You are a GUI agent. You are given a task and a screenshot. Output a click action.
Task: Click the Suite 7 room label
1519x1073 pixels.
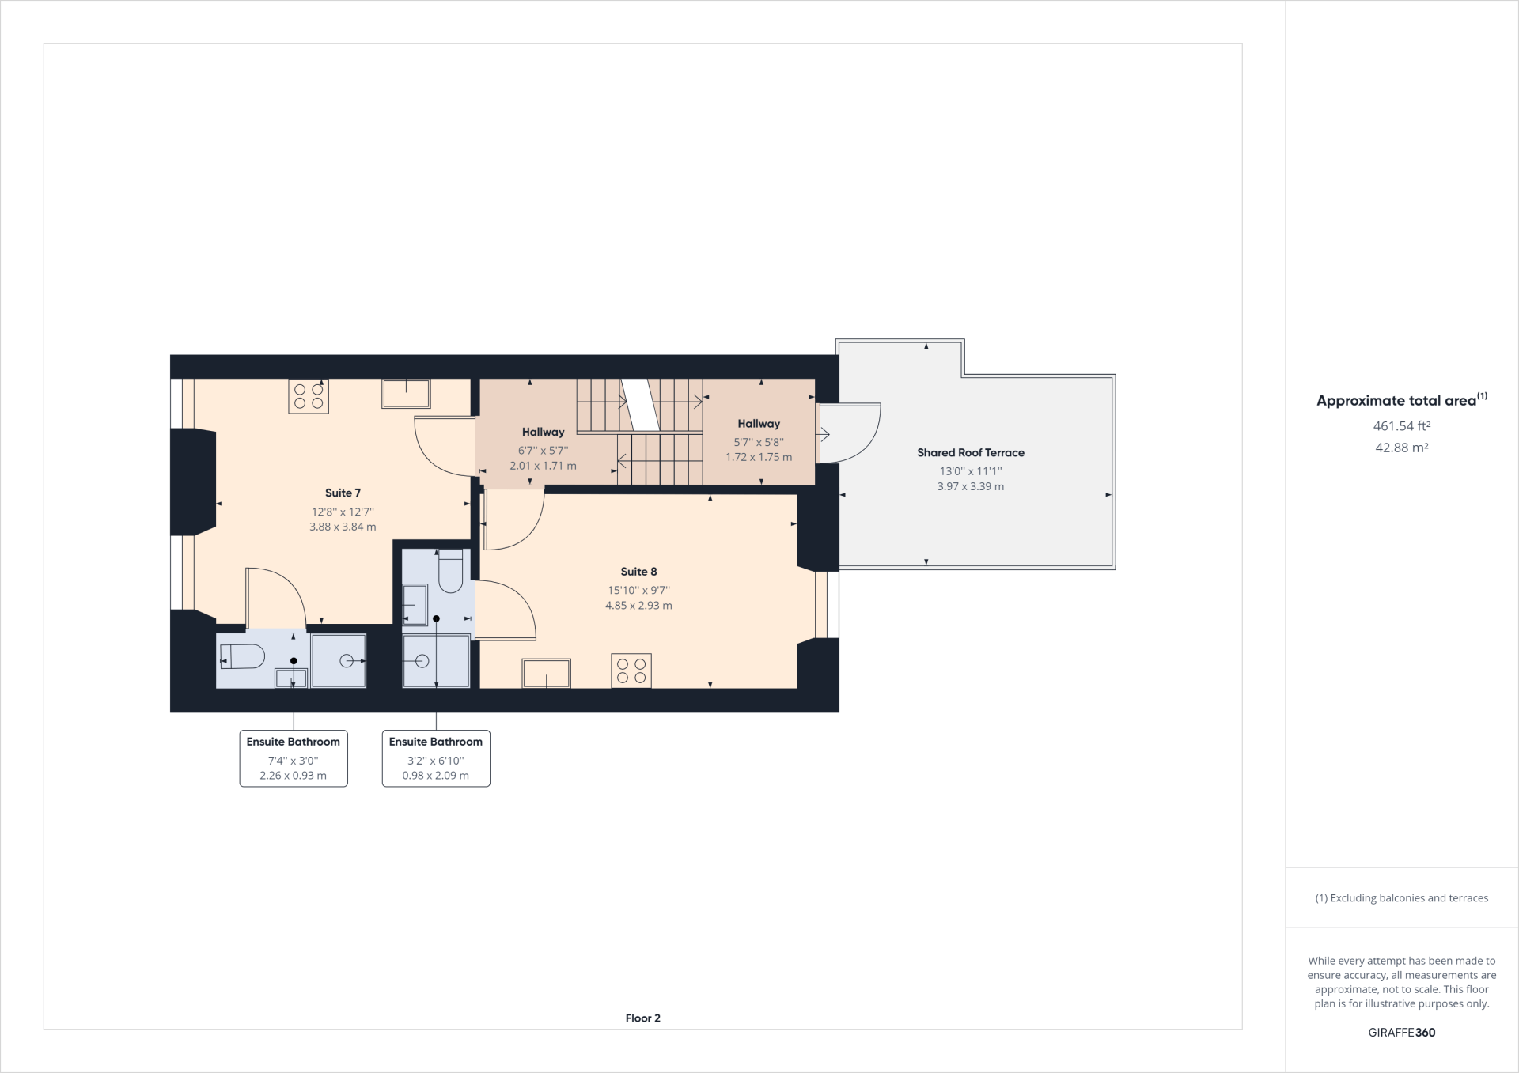(x=343, y=493)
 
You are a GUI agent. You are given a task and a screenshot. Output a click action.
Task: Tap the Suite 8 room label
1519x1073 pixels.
(x=638, y=572)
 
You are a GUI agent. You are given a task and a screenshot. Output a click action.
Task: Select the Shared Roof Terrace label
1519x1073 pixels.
(x=971, y=452)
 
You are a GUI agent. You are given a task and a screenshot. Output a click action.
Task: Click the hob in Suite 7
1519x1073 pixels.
(x=309, y=396)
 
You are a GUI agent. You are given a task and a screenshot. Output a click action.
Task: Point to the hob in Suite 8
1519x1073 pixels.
(x=631, y=671)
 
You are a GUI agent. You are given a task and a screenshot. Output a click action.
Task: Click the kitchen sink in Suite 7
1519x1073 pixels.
(x=406, y=393)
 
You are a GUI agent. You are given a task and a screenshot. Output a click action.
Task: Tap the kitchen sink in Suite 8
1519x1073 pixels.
(x=546, y=673)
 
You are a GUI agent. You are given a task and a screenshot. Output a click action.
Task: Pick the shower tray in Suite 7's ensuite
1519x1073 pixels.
(x=339, y=660)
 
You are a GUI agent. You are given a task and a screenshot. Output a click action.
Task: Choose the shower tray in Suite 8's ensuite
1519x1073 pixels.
(x=436, y=660)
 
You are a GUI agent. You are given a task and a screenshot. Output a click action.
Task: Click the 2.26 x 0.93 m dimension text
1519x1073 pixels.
(x=294, y=776)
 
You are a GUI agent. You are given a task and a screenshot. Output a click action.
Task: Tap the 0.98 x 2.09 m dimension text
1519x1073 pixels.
(x=436, y=776)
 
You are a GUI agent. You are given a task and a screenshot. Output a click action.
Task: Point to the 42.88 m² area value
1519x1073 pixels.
(x=1402, y=448)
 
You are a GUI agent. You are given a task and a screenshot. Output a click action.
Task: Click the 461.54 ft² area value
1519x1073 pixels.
(x=1402, y=426)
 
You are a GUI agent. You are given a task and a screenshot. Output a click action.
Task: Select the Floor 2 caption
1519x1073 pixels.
(x=642, y=1018)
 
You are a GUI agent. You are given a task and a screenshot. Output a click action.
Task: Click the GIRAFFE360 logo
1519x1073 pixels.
(x=1402, y=1033)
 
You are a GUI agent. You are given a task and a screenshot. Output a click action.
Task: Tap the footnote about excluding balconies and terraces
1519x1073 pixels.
(x=1402, y=898)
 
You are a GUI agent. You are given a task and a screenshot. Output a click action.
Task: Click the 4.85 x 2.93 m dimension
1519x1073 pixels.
(x=638, y=606)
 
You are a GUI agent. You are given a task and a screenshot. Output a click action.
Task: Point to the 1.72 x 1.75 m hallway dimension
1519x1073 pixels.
(x=759, y=457)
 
